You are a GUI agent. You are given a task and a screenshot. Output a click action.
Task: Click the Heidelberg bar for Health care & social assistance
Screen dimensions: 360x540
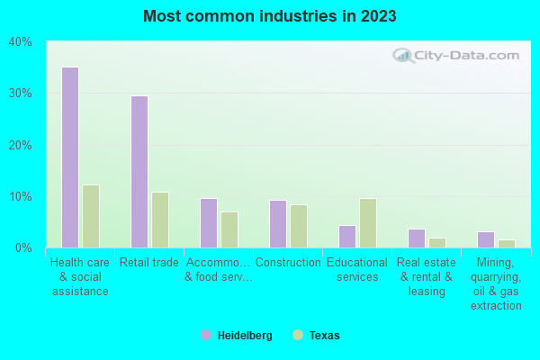(69, 157)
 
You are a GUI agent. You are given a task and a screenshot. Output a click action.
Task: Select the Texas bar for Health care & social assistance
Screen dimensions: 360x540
(91, 216)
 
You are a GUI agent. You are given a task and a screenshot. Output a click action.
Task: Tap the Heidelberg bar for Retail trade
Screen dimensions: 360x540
(139, 172)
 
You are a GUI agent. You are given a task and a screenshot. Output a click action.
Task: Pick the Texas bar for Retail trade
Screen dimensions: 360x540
(160, 220)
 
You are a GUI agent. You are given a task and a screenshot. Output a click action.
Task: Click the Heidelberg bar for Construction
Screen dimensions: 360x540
(277, 224)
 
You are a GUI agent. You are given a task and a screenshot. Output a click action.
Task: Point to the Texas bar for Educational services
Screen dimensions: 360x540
(368, 223)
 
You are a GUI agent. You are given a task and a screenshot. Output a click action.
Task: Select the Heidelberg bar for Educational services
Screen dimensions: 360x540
(346, 237)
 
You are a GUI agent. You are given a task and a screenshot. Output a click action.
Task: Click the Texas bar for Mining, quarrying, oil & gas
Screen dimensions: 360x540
(507, 244)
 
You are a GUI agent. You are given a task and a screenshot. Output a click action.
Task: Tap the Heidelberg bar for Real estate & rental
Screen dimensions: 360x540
(416, 238)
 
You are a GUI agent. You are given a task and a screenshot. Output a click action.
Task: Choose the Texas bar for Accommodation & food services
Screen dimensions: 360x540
(229, 229)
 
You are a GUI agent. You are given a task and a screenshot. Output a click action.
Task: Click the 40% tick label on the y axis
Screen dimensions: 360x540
(20, 42)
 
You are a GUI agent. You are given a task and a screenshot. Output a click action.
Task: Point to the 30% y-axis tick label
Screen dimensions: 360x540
(20, 94)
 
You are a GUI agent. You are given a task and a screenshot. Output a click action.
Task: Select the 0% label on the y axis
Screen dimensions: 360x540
(23, 247)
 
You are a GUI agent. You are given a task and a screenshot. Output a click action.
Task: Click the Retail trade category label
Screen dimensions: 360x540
(149, 263)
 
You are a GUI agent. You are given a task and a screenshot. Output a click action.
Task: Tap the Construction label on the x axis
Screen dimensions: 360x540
(288, 263)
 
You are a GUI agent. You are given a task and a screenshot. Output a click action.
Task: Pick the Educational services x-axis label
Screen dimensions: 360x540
(357, 270)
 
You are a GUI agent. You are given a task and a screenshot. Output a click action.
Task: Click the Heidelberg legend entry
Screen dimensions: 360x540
(237, 336)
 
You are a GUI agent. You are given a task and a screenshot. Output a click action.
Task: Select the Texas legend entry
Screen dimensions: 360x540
(317, 336)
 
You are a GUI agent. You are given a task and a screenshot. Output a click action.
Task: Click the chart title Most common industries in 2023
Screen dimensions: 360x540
(269, 16)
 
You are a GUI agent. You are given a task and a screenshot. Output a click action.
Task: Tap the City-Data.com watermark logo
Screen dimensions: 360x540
(454, 56)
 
